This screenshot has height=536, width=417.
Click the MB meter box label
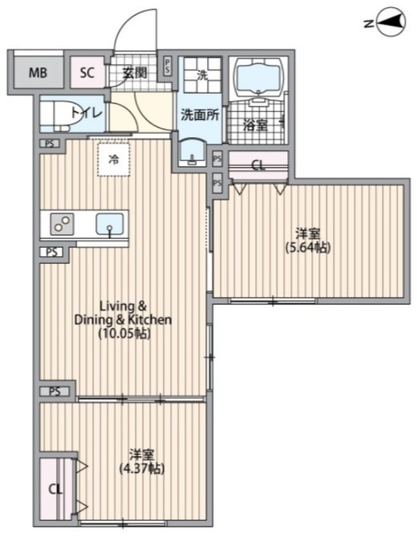pyautogui.click(x=37, y=73)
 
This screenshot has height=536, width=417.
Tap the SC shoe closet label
pyautogui.click(x=87, y=73)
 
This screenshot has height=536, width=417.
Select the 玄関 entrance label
pyautogui.click(x=135, y=73)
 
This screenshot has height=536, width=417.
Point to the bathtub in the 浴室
pyautogui.click(x=258, y=77)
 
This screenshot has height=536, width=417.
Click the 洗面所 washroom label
pyautogui.click(x=199, y=115)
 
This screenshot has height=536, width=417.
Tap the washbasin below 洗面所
pyautogui.click(x=192, y=153)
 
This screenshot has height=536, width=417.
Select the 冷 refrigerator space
pyautogui.click(x=114, y=159)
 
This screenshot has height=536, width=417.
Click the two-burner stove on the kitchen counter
pyautogui.click(x=62, y=224)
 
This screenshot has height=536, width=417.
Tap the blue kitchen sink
pyautogui.click(x=110, y=224)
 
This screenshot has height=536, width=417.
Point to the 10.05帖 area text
pyautogui.click(x=124, y=334)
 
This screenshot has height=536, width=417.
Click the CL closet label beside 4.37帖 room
pyautogui.click(x=55, y=490)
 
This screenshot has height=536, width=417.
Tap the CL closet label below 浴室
pyautogui.click(x=258, y=166)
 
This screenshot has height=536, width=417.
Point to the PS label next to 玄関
pyautogui.click(x=167, y=66)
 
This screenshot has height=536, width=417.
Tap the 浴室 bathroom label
pyautogui.click(x=255, y=126)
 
